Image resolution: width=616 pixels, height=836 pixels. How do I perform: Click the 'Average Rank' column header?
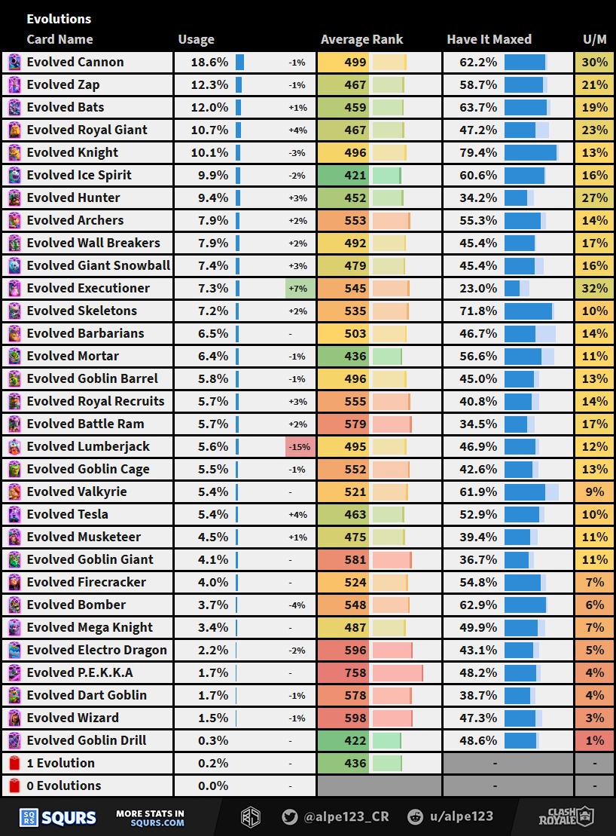[361, 39]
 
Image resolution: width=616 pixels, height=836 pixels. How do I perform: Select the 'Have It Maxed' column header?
[489, 39]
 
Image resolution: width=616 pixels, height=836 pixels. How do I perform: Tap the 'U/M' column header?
[595, 39]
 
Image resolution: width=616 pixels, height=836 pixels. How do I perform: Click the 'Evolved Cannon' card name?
[75, 62]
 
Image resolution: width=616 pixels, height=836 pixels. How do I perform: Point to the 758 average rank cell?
[355, 672]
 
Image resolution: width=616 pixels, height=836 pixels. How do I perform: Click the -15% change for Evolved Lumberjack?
[300, 446]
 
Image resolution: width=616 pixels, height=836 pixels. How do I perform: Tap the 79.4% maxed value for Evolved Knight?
[479, 152]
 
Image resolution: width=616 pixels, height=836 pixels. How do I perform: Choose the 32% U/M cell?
[595, 288]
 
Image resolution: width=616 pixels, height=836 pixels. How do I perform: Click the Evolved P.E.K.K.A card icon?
[14, 672]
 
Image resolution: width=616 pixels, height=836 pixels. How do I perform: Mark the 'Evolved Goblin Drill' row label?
[87, 740]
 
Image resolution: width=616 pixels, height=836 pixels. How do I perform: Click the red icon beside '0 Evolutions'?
[14, 785]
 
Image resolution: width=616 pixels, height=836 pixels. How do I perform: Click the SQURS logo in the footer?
[58, 817]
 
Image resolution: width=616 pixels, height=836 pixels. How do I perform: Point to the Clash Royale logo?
[566, 816]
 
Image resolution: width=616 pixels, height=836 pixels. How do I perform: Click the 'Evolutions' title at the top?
[59, 19]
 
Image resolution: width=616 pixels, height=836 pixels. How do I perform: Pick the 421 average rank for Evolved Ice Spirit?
[355, 175]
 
